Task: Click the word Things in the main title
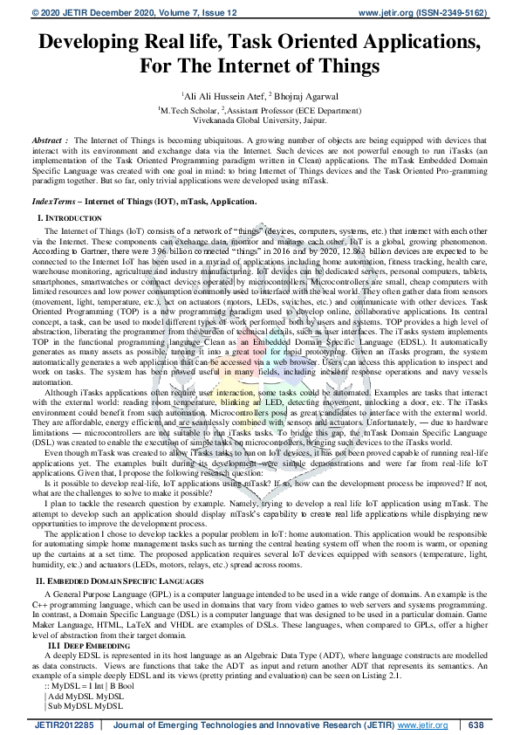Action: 344,65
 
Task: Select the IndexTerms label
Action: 54,202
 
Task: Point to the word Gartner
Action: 80,249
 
